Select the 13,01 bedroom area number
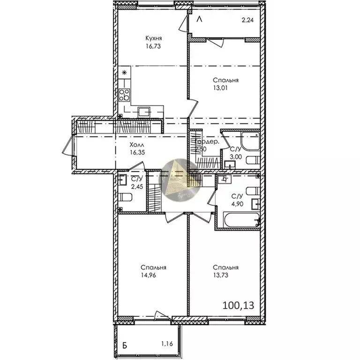[x=228, y=88]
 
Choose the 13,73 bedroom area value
[x=228, y=276]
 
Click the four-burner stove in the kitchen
[x=125, y=95]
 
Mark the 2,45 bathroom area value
[x=137, y=187]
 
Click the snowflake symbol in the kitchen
[x=124, y=72]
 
